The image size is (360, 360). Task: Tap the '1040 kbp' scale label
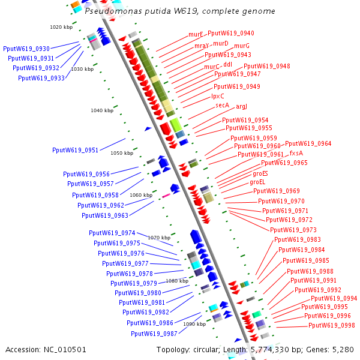pos(101,110)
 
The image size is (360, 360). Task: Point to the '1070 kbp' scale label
pos(159,238)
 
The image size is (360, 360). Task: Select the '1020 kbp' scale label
pos(61,27)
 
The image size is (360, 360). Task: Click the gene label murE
pos(196,34)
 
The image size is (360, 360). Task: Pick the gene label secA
pos(223,105)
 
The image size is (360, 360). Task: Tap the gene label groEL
pos(257,182)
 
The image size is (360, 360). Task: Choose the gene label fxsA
pos(296,153)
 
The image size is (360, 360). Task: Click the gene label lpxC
pos(218,96)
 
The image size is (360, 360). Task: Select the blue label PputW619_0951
pos(75,150)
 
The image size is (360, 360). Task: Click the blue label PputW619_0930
pos(26,49)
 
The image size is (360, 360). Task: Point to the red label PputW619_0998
pos(332,325)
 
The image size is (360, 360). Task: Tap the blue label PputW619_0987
pos(154,334)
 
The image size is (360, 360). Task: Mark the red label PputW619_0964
pos(308,143)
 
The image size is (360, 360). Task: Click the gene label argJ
pos(242,107)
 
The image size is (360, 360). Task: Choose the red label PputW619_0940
pos(230,34)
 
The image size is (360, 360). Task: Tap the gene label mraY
pos(202,46)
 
